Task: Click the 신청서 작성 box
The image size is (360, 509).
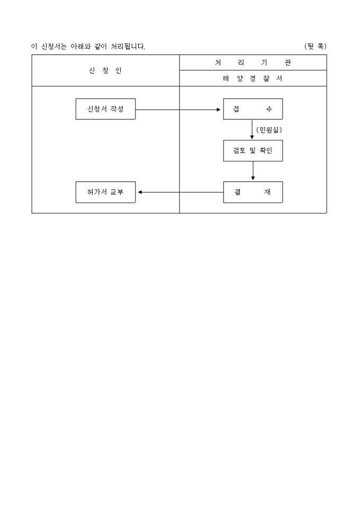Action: pyautogui.click(x=105, y=109)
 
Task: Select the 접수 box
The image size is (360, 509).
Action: pyautogui.click(x=253, y=109)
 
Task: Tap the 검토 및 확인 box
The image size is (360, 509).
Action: pyautogui.click(x=253, y=151)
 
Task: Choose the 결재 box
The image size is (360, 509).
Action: pyautogui.click(x=253, y=192)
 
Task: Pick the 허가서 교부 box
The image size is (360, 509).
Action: pyautogui.click(x=105, y=192)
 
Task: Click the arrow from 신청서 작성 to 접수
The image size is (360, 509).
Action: pyautogui.click(x=178, y=110)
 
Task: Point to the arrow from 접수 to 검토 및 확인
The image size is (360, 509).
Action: pyautogui.click(x=252, y=130)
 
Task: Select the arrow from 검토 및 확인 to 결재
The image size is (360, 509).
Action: pyautogui.click(x=253, y=171)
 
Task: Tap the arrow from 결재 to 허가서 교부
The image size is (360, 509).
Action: pyautogui.click(x=181, y=192)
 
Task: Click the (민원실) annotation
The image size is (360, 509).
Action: pyautogui.click(x=269, y=130)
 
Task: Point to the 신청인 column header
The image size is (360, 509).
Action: pyautogui.click(x=105, y=71)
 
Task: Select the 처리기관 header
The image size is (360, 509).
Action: pyautogui.click(x=253, y=62)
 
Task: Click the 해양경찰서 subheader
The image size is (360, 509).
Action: pyautogui.click(x=253, y=78)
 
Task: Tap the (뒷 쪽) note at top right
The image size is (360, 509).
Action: pyautogui.click(x=315, y=47)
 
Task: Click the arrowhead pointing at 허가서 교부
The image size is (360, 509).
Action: pyautogui.click(x=140, y=192)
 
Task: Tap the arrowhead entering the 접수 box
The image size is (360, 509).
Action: pyautogui.click(x=219, y=110)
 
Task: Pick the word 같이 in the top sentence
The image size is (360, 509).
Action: pyautogui.click(x=101, y=47)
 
